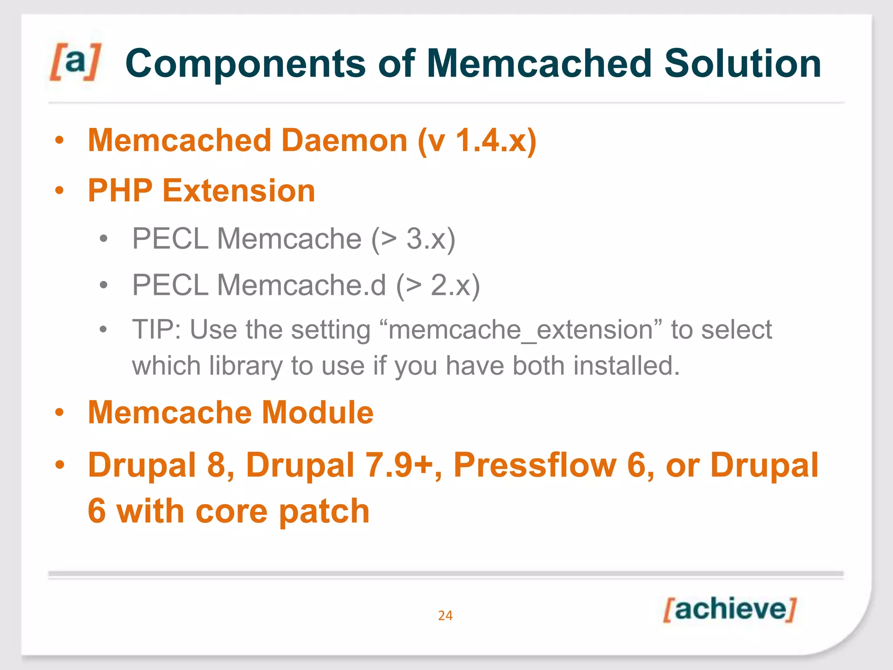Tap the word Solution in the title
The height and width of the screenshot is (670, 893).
(x=742, y=64)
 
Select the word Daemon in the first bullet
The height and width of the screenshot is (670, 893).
(x=344, y=140)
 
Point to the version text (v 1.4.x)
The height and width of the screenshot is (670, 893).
(x=477, y=140)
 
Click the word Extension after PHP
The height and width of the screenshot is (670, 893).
(x=239, y=191)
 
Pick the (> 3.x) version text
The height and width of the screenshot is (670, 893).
(x=413, y=239)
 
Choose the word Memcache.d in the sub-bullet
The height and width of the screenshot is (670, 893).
(x=301, y=285)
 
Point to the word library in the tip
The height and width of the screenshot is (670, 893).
(x=246, y=366)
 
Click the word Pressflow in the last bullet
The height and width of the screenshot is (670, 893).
(x=535, y=465)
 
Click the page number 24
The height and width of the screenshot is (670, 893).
(x=445, y=615)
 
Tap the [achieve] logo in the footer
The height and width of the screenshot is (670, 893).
(x=729, y=609)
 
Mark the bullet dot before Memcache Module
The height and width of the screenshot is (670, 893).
(x=60, y=412)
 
